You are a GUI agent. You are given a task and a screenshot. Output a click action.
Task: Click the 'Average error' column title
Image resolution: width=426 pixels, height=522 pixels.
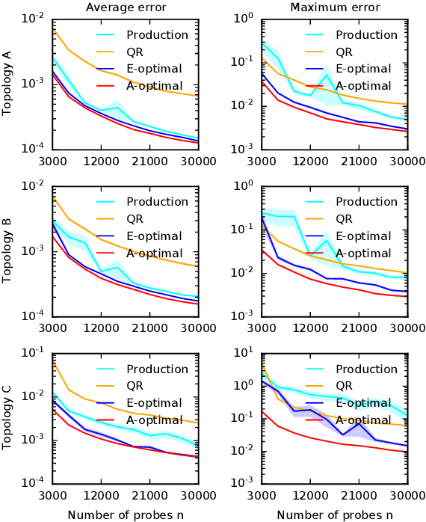(x=126, y=7)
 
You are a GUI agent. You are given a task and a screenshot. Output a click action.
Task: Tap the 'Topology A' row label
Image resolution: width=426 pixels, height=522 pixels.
(x=7, y=83)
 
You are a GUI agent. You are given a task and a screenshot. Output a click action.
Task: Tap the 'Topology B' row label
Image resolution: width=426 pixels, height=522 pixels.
(x=7, y=250)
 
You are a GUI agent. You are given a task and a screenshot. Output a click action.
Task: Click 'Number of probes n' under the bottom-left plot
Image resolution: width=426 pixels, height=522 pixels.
(x=126, y=515)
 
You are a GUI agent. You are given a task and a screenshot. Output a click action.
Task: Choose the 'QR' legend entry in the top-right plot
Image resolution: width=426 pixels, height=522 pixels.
(x=344, y=52)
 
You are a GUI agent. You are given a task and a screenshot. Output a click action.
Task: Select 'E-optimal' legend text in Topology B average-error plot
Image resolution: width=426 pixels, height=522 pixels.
(x=155, y=236)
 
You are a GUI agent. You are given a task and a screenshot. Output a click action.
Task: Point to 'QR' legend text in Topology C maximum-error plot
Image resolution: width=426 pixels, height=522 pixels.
(x=344, y=387)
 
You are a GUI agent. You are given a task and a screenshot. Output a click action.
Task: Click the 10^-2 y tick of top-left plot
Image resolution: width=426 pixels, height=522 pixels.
(x=34, y=18)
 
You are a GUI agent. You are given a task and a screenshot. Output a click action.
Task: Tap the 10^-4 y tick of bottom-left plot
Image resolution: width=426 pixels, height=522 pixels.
(x=34, y=482)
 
